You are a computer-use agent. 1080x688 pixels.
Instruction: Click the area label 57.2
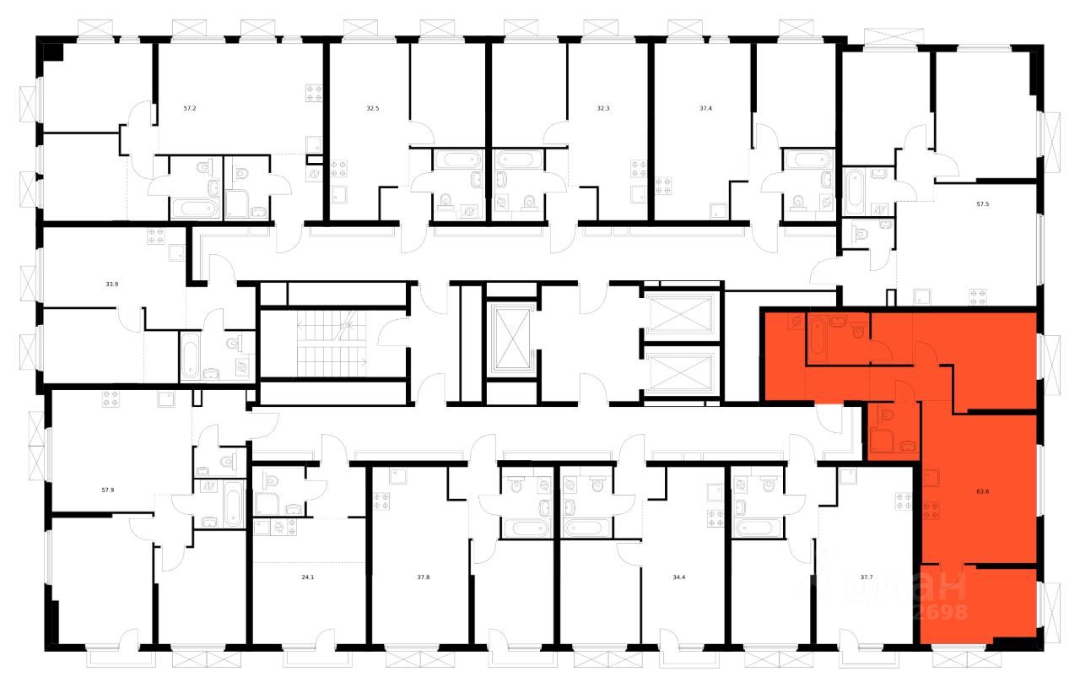click(190, 109)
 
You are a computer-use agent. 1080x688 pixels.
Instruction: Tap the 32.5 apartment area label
click(373, 109)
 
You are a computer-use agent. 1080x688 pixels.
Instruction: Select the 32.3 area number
click(602, 109)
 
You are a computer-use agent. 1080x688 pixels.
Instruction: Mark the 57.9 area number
click(108, 490)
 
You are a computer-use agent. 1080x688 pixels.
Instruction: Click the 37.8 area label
click(424, 578)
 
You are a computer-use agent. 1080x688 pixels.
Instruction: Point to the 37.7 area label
click(867, 578)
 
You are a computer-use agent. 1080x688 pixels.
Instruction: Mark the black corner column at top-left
click(52, 51)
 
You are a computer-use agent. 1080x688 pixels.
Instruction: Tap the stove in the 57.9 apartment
click(110, 399)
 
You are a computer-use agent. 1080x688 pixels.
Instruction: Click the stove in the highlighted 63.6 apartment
click(931, 510)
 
